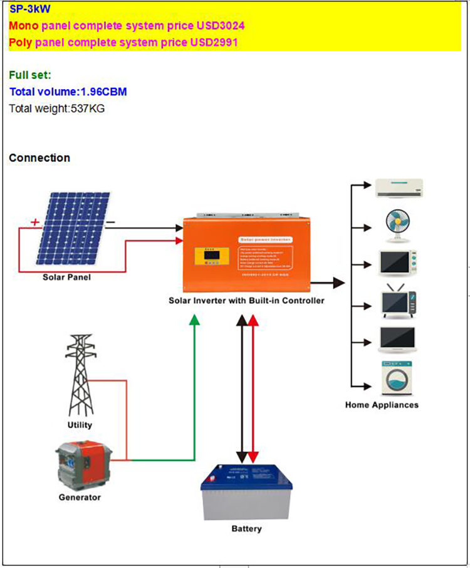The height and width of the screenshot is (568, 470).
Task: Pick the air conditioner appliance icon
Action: coord(400,187)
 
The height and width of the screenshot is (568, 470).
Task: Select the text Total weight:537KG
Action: coord(56,108)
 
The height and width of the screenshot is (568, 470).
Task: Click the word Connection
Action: coord(39,158)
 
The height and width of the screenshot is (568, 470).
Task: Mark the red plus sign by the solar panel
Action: coord(35,222)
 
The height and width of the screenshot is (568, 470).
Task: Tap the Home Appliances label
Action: coord(382,405)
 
